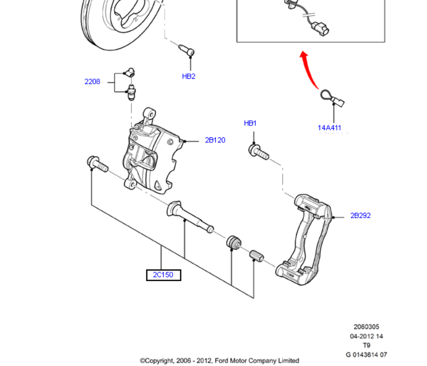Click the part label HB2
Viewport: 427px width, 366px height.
[x=188, y=76]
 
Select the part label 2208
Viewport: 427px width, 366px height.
[x=92, y=81]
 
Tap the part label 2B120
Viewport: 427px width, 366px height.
[x=215, y=140]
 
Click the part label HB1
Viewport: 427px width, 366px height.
[x=250, y=123]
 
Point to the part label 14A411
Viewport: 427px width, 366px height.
[x=331, y=128]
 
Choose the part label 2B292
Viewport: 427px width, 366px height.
[x=360, y=215]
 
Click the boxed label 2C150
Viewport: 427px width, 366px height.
[x=163, y=274]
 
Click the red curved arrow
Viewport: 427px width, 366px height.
[x=311, y=70]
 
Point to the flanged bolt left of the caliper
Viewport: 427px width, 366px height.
[x=96, y=163]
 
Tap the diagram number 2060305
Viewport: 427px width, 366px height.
[x=366, y=327]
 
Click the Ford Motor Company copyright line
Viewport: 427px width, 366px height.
[x=219, y=360]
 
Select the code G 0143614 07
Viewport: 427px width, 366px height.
[x=366, y=355]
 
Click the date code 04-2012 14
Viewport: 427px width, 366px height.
[x=366, y=336]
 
